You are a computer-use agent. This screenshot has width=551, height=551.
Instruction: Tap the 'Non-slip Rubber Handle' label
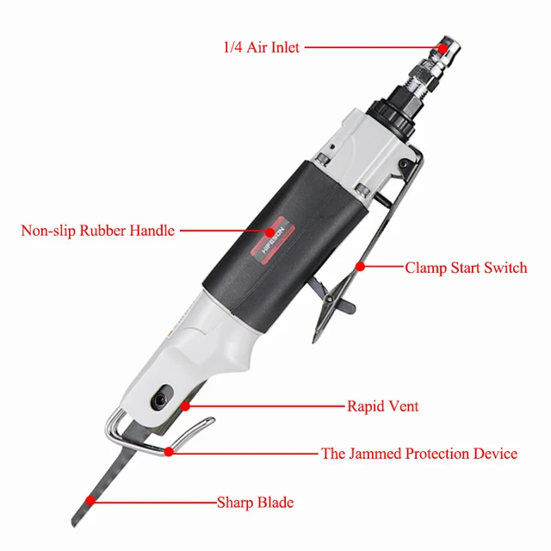98,231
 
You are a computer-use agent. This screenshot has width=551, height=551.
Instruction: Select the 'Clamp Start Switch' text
466,268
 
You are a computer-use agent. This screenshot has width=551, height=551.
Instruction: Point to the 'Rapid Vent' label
382,406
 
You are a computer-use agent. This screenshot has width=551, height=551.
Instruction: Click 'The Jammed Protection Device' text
419,453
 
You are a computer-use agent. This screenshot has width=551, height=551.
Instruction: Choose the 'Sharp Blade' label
255,501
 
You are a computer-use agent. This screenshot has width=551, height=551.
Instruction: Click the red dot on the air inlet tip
443,47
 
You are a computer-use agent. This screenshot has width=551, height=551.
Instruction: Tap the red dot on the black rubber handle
271,231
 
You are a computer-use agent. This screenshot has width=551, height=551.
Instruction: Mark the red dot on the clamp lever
360,267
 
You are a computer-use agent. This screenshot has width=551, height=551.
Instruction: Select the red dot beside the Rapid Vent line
184,405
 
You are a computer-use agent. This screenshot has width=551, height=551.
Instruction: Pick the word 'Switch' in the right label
505,268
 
